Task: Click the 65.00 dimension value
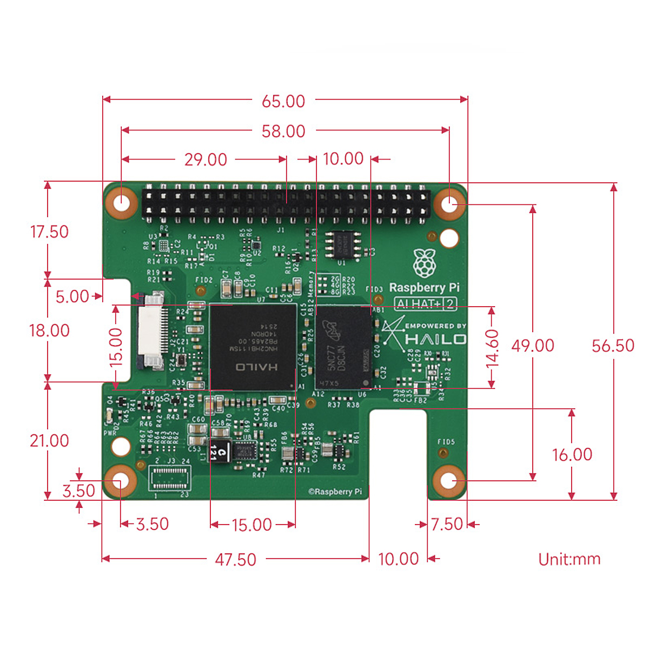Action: [x=283, y=101]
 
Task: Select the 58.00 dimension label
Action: [x=283, y=131]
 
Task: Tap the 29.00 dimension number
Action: [x=206, y=160]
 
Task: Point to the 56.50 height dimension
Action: [x=613, y=346]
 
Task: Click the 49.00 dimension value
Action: [x=533, y=346]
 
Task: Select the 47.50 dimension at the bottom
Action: [x=235, y=559]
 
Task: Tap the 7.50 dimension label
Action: [x=447, y=524]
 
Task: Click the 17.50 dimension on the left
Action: [x=49, y=232]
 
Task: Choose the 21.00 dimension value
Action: [x=49, y=441]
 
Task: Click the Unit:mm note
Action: [x=569, y=559]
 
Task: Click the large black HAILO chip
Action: [x=253, y=346]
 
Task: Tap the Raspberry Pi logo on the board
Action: [x=425, y=263]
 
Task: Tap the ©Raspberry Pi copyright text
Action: [x=335, y=492]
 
